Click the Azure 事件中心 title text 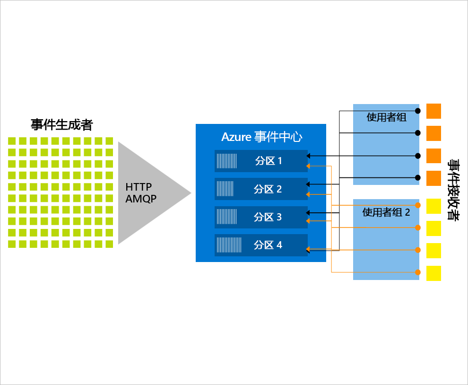point(261,137)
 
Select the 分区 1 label point(268,161)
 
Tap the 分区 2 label point(268,189)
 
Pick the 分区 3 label point(268,217)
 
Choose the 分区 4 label point(268,245)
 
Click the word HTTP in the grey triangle point(139,187)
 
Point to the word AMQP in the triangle point(141,199)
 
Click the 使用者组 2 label point(386,212)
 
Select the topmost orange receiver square point(433,111)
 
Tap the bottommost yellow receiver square point(433,273)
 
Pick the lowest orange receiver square point(433,178)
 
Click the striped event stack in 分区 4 point(229,245)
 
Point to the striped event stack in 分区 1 point(227,161)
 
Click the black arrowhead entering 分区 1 point(308,156)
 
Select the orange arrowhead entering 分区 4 point(308,249)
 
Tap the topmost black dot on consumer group point(417,111)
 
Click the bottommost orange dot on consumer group point(417,272)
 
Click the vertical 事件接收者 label point(452,192)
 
